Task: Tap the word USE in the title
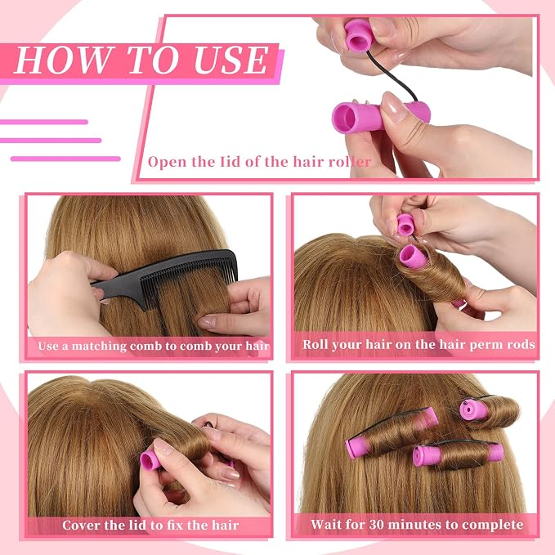232,60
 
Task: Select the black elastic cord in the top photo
394,75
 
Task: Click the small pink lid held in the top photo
359,35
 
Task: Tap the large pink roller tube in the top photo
375,116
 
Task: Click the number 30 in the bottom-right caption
376,524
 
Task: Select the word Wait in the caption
325,524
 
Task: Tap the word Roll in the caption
315,344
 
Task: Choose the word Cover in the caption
80,525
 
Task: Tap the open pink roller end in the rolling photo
413,256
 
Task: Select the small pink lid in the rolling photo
405,225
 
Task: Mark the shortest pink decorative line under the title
44,122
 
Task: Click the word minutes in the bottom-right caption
415,524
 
